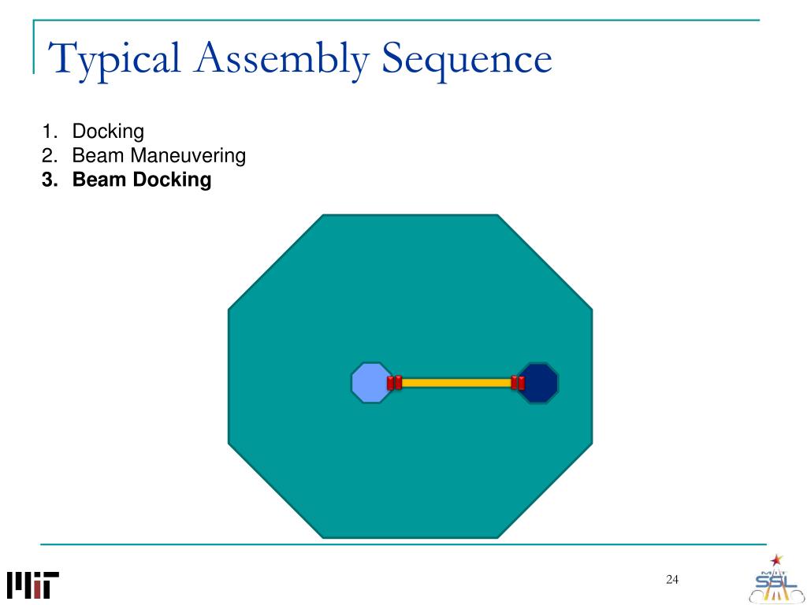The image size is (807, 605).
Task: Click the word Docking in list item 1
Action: (x=108, y=132)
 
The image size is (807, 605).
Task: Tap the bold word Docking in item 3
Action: (x=167, y=180)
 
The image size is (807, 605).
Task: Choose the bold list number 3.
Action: (x=48, y=180)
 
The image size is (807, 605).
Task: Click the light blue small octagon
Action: (x=370, y=383)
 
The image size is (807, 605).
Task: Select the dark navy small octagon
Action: (x=539, y=383)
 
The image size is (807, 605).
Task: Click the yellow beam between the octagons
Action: (x=456, y=383)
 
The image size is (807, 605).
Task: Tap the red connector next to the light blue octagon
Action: (x=394, y=383)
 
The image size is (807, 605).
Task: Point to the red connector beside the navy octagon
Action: (x=518, y=383)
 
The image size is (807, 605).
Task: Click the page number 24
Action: (x=672, y=581)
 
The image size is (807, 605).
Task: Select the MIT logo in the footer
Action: (x=33, y=585)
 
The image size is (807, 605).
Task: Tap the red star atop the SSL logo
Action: (x=778, y=560)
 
